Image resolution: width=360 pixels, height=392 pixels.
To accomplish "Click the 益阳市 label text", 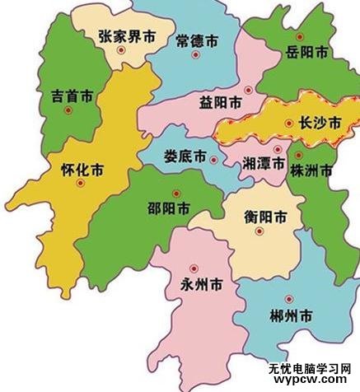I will pos(220,104).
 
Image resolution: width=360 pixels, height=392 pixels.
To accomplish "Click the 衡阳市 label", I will pos(266,218).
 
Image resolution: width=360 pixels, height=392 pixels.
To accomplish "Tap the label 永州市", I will pos(199,287).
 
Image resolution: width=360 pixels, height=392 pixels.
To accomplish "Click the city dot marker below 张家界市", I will pos(121,51).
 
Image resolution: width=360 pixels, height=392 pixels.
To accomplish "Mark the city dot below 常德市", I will pos(195,55).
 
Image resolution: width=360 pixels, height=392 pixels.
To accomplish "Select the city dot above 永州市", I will pos(194,268).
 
